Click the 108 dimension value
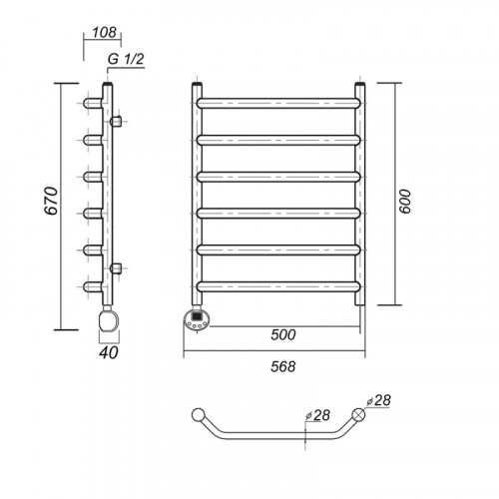(x=104, y=32)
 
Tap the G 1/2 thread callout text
(x=126, y=59)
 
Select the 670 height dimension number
(x=52, y=201)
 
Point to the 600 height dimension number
(x=405, y=202)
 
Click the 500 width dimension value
(x=283, y=334)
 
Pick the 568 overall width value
(x=283, y=366)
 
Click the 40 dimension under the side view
(x=109, y=352)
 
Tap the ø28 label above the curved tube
(x=317, y=415)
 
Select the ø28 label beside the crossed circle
(x=378, y=400)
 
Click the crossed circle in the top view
(x=358, y=414)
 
